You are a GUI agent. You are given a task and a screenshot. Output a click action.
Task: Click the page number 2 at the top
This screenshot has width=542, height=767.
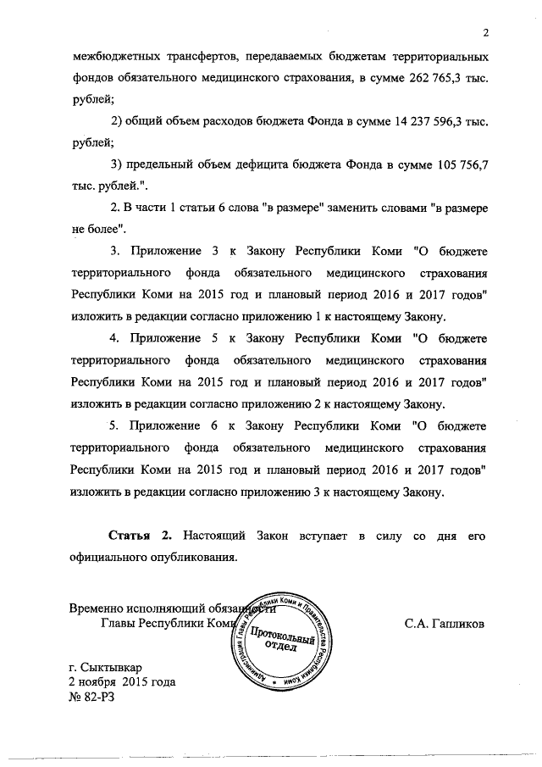click(486, 33)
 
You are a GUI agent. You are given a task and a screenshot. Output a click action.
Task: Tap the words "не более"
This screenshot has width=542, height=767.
click(97, 229)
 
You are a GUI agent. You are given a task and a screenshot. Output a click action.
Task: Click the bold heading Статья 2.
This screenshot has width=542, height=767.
click(141, 536)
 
